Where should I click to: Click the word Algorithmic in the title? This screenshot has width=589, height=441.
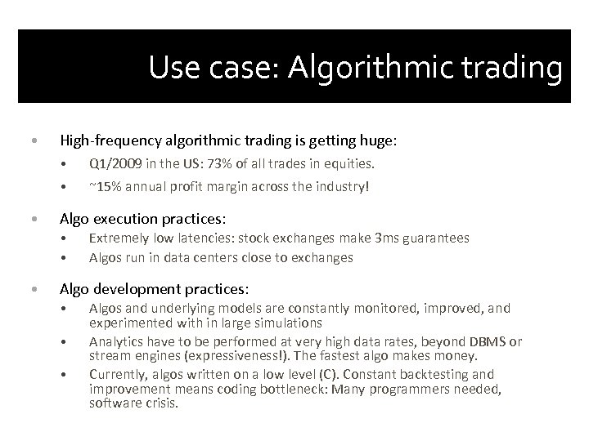pyautogui.click(x=373, y=69)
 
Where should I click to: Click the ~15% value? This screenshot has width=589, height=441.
pyautogui.click(x=105, y=186)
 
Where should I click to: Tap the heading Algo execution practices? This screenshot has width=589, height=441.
pyautogui.click(x=143, y=219)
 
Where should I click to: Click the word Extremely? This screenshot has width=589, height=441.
pyautogui.click(x=119, y=238)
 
